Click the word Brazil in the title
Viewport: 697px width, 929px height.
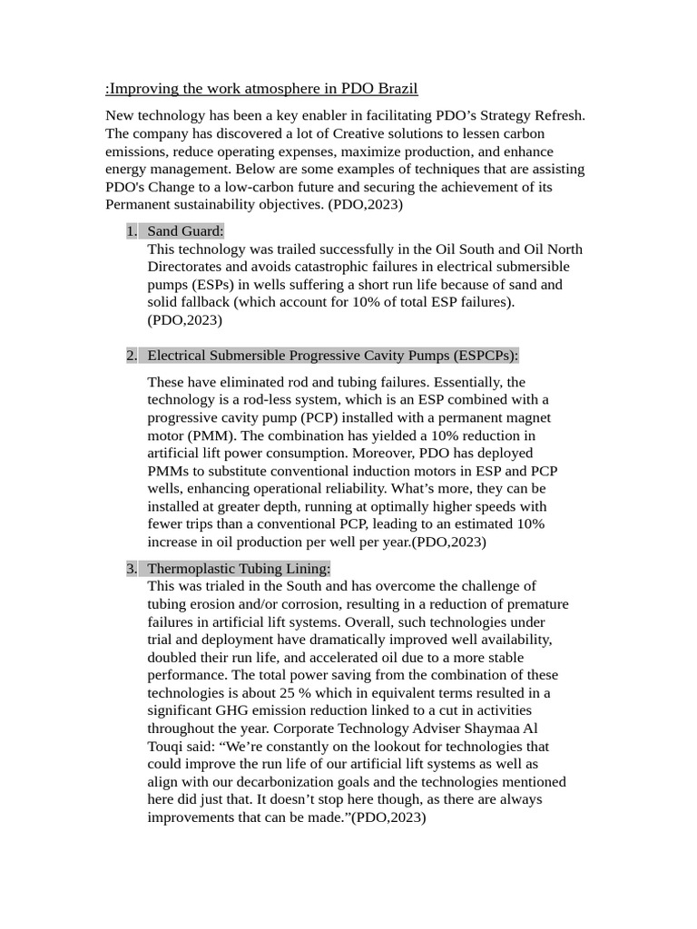click(397, 88)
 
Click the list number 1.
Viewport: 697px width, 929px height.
click(132, 231)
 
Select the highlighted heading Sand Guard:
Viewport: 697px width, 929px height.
click(185, 231)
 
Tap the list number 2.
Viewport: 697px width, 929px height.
click(132, 355)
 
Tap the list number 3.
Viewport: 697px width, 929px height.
click(132, 569)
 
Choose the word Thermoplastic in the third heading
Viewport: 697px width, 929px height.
click(189, 569)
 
